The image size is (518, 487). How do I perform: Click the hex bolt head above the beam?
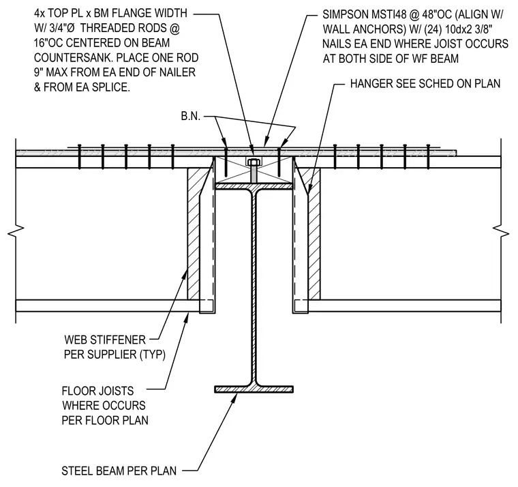point(254,162)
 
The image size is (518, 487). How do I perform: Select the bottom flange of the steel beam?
point(254,389)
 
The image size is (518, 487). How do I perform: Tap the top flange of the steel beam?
point(254,186)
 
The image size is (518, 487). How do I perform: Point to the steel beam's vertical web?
point(254,288)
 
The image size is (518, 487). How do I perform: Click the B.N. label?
point(191,117)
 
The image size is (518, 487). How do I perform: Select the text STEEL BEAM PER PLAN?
point(119,471)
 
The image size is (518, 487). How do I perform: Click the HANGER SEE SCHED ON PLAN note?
point(425,84)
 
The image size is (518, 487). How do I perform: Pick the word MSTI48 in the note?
point(388,14)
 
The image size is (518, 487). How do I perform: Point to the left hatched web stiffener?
point(194,234)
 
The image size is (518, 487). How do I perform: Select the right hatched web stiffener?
point(314,234)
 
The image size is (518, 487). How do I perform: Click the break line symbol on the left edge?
point(16,231)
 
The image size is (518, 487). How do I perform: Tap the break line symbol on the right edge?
point(501,231)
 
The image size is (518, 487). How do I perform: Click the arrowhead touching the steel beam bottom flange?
point(234,398)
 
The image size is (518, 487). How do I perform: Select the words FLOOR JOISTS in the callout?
point(97,391)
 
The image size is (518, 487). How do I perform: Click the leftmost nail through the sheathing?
point(79,157)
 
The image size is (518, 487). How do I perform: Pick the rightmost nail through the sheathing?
point(429,157)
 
